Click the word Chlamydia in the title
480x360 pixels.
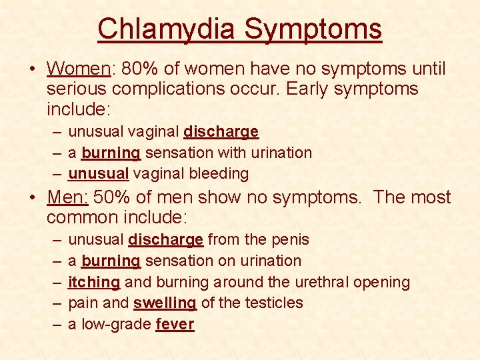point(166,29)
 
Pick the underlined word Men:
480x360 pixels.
point(67,197)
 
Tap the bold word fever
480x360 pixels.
point(175,325)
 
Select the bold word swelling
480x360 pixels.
point(165,303)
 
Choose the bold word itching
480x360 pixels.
point(94,282)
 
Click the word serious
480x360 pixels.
point(79,89)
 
